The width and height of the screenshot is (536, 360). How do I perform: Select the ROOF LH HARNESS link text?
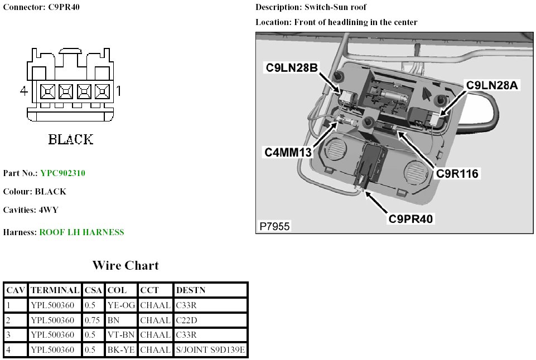point(81,232)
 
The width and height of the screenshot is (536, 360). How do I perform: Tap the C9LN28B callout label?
point(292,68)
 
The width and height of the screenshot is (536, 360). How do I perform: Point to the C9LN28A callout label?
point(492,85)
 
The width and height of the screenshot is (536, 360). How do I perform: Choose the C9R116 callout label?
point(457,173)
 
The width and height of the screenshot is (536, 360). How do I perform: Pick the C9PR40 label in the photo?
point(411,218)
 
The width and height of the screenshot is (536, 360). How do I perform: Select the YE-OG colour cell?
point(121,305)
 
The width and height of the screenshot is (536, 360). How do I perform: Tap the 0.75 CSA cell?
point(93,320)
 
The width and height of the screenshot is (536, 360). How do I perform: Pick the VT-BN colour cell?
point(120,335)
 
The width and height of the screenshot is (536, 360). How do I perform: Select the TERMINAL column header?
point(55,290)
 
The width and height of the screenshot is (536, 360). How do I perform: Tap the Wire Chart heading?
point(125,265)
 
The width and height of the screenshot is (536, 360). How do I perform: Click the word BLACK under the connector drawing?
point(71,139)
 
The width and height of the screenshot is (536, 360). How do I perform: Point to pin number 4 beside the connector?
point(23,90)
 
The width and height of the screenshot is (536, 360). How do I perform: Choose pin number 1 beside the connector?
point(119,90)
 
